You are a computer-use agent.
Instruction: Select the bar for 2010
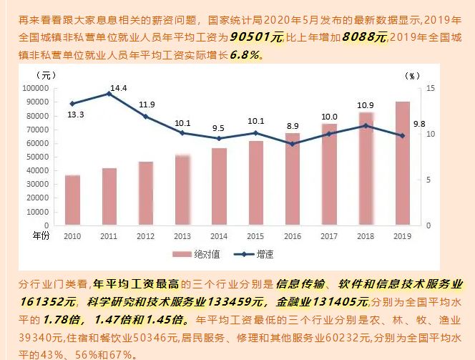(72, 200)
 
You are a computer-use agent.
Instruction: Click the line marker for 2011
(109, 94)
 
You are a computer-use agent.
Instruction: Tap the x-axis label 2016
(292, 235)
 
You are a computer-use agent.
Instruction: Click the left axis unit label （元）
(45, 74)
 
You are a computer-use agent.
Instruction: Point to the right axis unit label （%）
(413, 75)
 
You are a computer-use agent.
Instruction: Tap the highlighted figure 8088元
(364, 36)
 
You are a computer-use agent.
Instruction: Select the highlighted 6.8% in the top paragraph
(245, 54)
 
